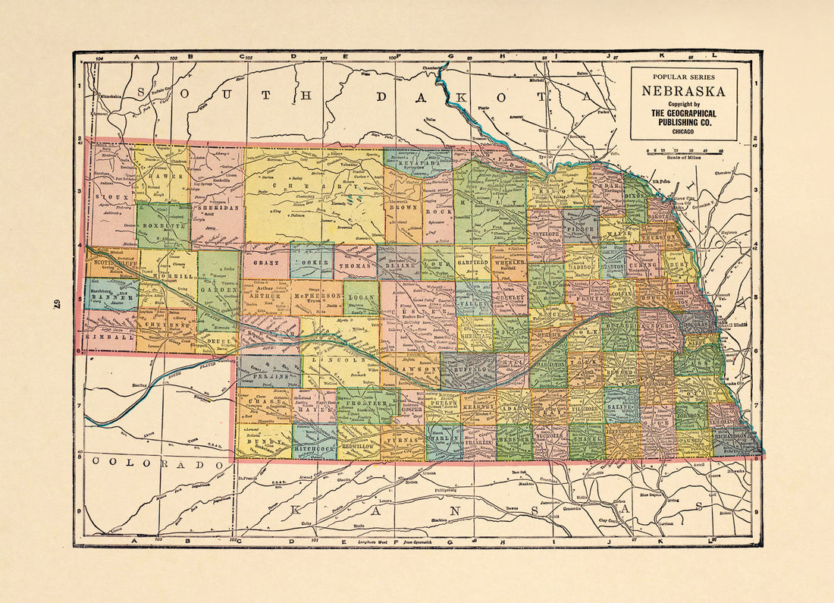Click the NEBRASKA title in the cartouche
[684, 92]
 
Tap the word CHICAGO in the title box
[684, 131]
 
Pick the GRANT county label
[266, 262]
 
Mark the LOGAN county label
[362, 299]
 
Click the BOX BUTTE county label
[163, 225]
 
